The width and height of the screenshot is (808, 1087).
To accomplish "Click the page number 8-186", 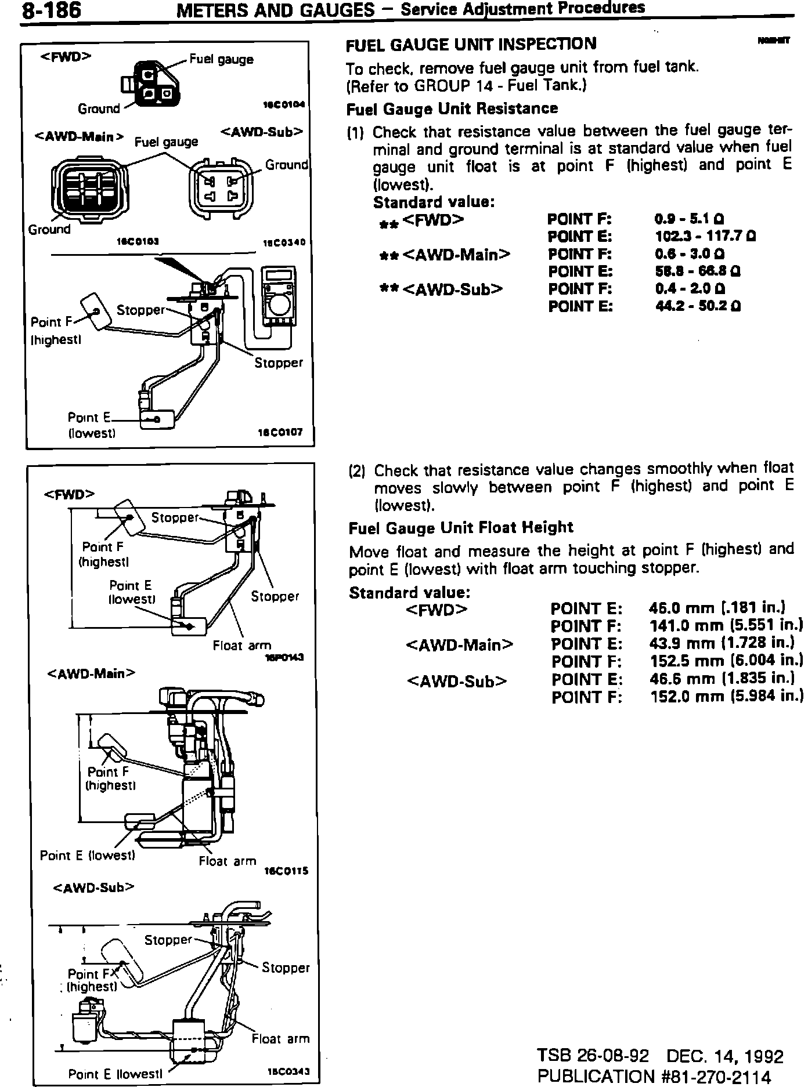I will tap(50, 11).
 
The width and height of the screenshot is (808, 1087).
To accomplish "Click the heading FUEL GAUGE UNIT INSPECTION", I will tap(471, 44).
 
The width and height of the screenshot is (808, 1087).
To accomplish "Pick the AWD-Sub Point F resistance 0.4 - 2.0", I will tap(689, 289).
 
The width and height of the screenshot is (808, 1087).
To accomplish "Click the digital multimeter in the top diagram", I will tap(279, 298).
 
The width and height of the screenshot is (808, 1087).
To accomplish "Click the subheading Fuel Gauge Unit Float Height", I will tap(461, 528).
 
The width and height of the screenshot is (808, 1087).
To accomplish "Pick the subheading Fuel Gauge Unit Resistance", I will tap(452, 109).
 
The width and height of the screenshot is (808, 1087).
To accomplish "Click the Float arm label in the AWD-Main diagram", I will tap(227, 862).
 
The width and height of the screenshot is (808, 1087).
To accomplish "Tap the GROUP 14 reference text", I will tap(459, 86).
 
